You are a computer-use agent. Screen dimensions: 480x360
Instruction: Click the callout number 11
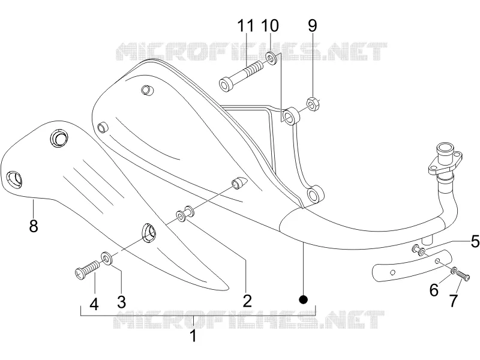[246, 26]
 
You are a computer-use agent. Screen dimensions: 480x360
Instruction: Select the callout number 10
[269, 26]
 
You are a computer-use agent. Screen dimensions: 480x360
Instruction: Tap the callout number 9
[312, 26]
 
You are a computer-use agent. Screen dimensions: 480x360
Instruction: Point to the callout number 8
[34, 226]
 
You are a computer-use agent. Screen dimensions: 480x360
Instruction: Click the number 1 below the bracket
[193, 336]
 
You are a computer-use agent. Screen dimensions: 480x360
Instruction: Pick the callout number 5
[475, 241]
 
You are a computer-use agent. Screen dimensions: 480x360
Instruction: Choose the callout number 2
[247, 301]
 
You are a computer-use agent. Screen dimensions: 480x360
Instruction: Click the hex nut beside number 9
[313, 104]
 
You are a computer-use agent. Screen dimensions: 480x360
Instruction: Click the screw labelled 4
[87, 269]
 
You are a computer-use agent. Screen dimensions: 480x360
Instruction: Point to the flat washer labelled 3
[107, 259]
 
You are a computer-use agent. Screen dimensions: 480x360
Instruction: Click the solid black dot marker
[304, 299]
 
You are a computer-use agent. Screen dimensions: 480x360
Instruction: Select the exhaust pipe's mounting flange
[444, 164]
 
